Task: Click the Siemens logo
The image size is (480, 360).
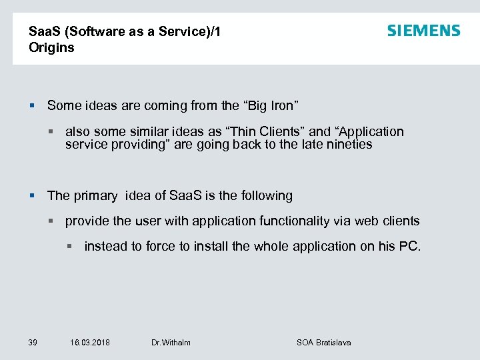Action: (423, 31)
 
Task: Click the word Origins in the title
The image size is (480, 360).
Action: (51, 48)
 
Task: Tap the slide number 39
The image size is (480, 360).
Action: (33, 342)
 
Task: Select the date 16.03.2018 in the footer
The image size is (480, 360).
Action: (90, 342)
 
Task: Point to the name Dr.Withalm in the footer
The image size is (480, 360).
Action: (171, 342)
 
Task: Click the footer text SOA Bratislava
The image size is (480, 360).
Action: (323, 342)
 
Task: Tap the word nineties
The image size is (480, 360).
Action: (347, 144)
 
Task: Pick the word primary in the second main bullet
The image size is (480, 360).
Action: (95, 196)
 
